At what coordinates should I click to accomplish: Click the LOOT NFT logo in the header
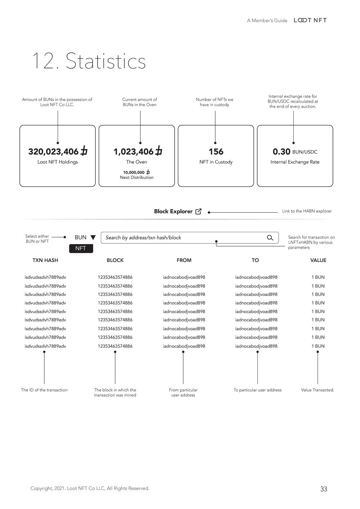(x=310, y=20)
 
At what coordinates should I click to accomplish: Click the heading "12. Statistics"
(x=89, y=61)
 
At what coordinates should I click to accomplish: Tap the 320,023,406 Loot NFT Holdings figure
(x=57, y=152)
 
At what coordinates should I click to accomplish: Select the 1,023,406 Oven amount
(x=137, y=152)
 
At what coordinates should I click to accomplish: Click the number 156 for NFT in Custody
(x=216, y=152)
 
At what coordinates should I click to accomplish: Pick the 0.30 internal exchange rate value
(x=282, y=152)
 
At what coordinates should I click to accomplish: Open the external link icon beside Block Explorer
(x=198, y=212)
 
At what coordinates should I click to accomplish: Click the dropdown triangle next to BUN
(x=93, y=238)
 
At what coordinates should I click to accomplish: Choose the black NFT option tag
(x=81, y=248)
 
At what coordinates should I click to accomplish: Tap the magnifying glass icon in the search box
(x=270, y=238)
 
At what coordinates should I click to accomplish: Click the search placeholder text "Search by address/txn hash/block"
(x=143, y=238)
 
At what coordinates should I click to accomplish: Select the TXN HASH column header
(x=45, y=260)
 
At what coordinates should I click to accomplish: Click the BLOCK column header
(x=115, y=260)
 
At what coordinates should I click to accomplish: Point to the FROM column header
(x=184, y=260)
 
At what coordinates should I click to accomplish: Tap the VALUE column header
(x=318, y=260)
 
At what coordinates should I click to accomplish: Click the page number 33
(x=324, y=489)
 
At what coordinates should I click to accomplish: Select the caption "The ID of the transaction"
(x=44, y=390)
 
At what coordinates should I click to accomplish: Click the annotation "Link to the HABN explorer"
(x=307, y=211)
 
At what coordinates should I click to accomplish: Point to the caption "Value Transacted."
(x=318, y=390)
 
